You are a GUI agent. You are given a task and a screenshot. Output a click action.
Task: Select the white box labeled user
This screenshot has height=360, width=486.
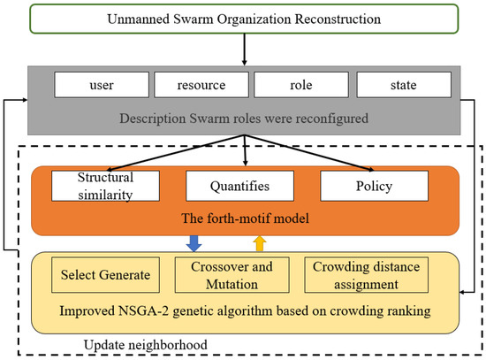click(101, 84)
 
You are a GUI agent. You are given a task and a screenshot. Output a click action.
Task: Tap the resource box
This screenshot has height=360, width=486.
click(202, 84)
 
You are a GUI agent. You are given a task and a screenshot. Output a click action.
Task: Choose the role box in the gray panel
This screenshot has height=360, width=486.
click(300, 84)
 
